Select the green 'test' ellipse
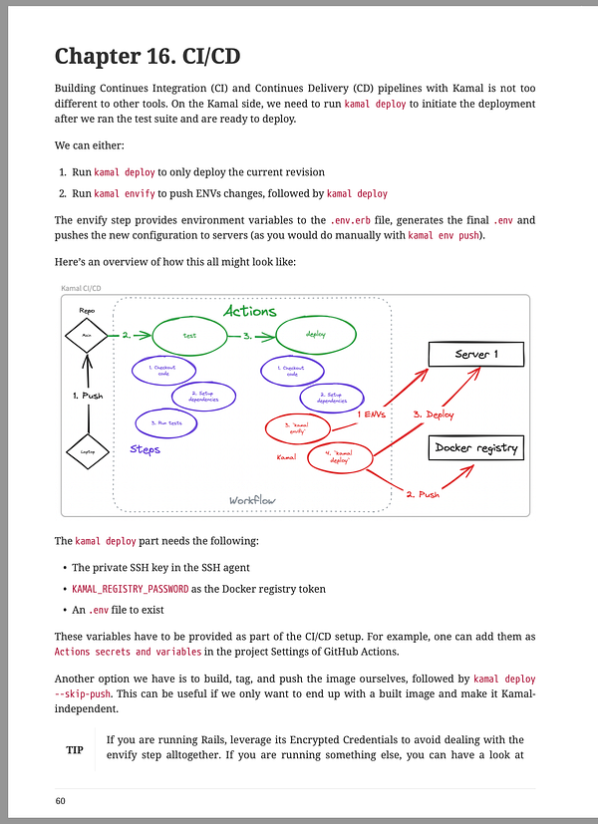click(x=190, y=337)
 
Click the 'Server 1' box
click(x=475, y=355)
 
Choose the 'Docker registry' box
click(x=475, y=448)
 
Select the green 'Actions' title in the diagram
click(x=249, y=312)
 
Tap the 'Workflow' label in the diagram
click(x=253, y=500)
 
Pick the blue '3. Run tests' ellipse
click(x=164, y=423)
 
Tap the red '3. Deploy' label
click(x=434, y=413)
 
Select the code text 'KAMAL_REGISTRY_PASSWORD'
click(x=131, y=589)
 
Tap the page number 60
click(x=61, y=801)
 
